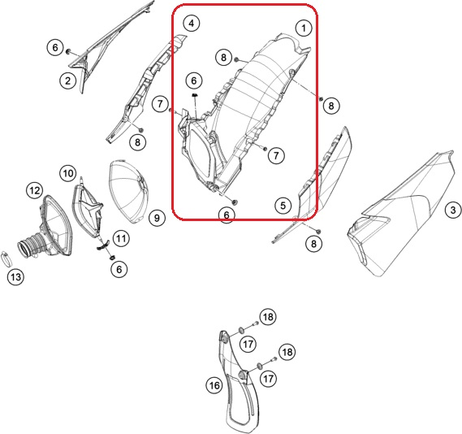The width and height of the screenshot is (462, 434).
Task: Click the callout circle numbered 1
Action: [x=304, y=28]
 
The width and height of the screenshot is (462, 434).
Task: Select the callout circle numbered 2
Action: [x=68, y=80]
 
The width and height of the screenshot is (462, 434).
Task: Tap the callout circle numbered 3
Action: [x=453, y=210]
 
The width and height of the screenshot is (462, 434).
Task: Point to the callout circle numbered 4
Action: [x=192, y=23]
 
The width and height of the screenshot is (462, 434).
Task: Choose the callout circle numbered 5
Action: [x=283, y=205]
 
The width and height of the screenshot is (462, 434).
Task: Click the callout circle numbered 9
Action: [x=157, y=218]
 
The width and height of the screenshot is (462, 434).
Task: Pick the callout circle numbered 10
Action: [x=68, y=173]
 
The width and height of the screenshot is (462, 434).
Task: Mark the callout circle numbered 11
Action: [x=121, y=238]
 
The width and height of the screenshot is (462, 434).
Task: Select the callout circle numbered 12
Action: [x=35, y=190]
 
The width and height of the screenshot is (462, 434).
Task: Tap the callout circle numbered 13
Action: [x=16, y=277]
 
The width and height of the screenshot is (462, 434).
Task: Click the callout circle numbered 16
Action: [x=214, y=385]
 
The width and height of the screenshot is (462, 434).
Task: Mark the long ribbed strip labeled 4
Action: [x=146, y=89]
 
